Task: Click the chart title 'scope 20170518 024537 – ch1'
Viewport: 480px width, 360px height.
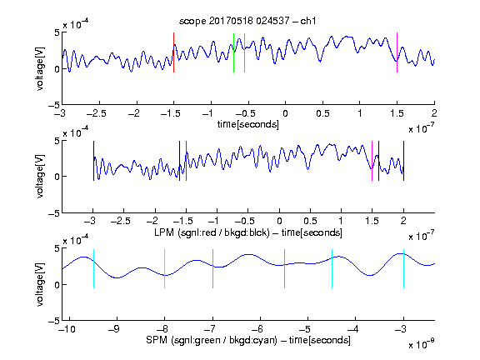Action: click(247, 21)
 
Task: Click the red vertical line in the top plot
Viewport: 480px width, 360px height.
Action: click(173, 52)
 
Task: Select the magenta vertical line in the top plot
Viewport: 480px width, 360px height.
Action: click(397, 52)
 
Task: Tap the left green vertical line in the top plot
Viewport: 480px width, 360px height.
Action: click(233, 53)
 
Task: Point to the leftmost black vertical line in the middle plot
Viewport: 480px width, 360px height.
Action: click(93, 161)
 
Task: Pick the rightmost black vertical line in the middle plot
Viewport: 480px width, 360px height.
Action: click(403, 161)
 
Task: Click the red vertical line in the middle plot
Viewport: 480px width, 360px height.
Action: click(186, 161)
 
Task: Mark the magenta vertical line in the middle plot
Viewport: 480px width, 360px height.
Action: click(372, 161)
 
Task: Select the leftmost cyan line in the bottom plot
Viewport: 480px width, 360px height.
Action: click(93, 269)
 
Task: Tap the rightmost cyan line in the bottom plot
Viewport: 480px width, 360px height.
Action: click(403, 269)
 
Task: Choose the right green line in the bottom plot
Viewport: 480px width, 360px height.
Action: click(284, 269)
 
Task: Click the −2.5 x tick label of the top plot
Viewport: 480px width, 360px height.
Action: click(97, 113)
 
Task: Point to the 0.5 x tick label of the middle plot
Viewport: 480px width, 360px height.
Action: click(310, 221)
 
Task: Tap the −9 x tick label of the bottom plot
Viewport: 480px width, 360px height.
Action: click(114, 329)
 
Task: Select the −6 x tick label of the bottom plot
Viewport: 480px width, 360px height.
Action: click(257, 329)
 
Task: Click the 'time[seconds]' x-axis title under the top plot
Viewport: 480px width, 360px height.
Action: click(248, 124)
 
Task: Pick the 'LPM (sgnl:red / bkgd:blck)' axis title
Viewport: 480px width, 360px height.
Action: click(212, 232)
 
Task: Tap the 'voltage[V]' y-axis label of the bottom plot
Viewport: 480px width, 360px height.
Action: click(40, 284)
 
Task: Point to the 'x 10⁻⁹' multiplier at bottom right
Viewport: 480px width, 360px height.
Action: click(422, 344)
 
